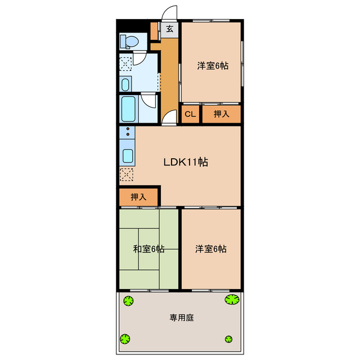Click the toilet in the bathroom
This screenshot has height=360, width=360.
129,41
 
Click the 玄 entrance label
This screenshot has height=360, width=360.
169,29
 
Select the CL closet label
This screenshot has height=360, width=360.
190,114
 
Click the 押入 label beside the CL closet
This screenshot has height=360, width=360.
222,114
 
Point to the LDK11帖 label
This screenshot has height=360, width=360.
186,163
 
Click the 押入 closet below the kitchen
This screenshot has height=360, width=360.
138,197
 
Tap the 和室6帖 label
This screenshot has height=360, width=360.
148,249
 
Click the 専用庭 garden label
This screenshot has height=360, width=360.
182,318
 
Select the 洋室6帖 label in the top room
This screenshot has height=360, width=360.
212,65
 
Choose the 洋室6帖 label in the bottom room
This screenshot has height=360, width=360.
211,249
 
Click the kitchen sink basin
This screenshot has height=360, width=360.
127,156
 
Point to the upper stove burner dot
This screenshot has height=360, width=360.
128,130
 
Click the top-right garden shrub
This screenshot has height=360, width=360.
231,299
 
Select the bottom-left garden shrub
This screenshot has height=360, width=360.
125,339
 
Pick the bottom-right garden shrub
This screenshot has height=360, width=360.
228,339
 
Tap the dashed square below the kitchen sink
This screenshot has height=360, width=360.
127,174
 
